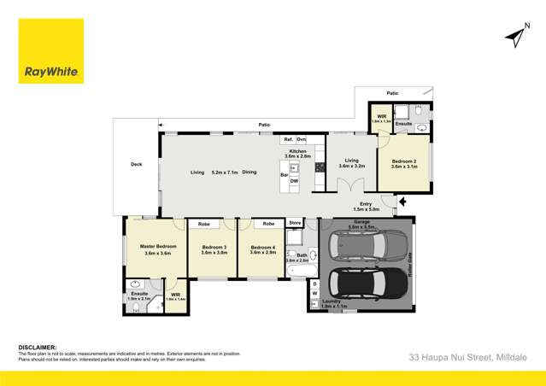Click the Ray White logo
[x=51, y=51]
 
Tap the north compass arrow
[x=514, y=36]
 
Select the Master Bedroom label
[x=157, y=247]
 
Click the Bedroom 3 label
[x=213, y=249]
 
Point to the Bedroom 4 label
[x=262, y=249]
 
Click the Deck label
[x=136, y=166]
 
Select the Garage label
[x=361, y=222]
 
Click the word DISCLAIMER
[x=38, y=348]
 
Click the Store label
[x=295, y=223]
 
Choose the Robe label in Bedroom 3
[x=204, y=224]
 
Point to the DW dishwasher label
[x=294, y=181]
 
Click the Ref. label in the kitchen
[x=289, y=138]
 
